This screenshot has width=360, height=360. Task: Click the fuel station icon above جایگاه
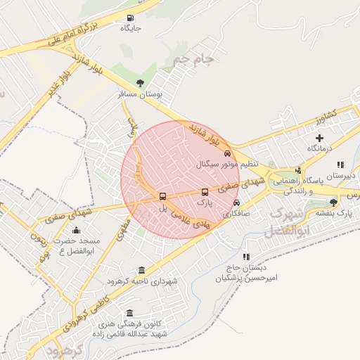click(x=129, y=18)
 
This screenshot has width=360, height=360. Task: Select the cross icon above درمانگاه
click(x=319, y=138)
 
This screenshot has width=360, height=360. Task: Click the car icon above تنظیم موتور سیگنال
click(x=226, y=153)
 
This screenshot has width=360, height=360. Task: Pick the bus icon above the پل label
click(x=163, y=197)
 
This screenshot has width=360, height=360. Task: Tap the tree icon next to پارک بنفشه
click(x=333, y=202)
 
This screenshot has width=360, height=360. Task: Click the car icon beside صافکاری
click(x=236, y=203)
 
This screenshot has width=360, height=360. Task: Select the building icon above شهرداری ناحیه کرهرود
click(x=142, y=271)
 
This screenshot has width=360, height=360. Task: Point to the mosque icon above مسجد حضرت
click(x=76, y=230)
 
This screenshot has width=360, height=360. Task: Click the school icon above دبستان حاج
click(x=246, y=257)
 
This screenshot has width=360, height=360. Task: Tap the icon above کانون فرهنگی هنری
click(x=129, y=314)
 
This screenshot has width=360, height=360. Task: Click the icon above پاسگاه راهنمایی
click(x=299, y=169)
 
